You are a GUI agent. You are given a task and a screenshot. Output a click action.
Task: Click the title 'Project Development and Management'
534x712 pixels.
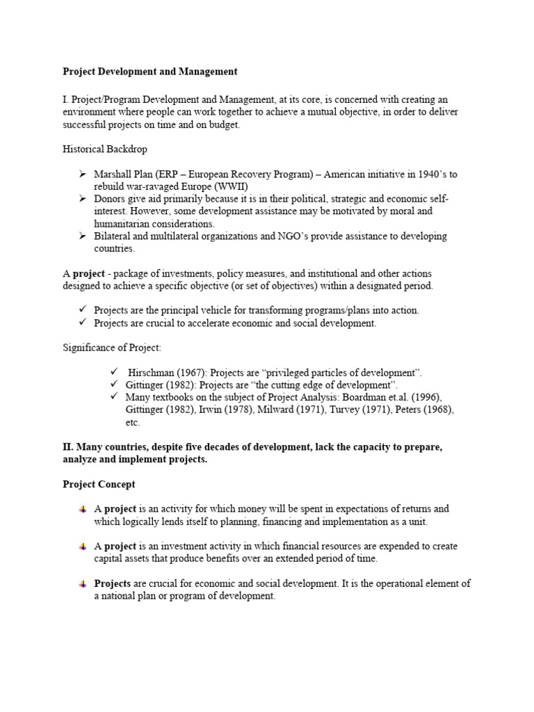coord(150,71)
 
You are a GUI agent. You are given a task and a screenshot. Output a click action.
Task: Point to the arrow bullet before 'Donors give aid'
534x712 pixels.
coord(82,199)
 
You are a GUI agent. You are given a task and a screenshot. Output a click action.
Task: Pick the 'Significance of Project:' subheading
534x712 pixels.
coord(112,348)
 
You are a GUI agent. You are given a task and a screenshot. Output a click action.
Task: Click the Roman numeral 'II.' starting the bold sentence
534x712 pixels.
coord(68,447)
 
